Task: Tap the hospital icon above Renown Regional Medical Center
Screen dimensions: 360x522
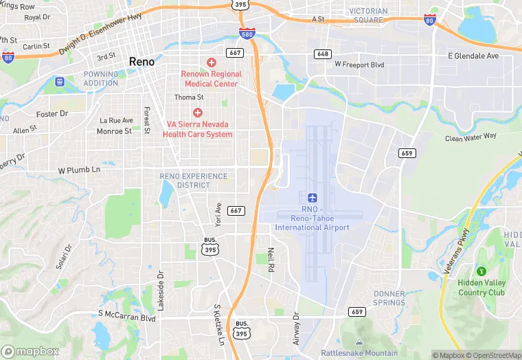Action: pos(211,63)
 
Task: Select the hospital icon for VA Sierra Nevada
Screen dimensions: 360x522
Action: pos(198,113)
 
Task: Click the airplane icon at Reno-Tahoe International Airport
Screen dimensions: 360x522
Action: pos(313,198)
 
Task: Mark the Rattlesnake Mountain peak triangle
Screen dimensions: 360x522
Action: pos(359,342)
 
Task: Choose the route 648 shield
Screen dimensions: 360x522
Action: pos(323,54)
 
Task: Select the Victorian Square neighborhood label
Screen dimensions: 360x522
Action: pos(368,15)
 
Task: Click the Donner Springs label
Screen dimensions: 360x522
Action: pos(389,297)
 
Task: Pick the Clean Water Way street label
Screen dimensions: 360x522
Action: pos(470,137)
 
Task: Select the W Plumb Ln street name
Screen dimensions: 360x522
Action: pos(79,169)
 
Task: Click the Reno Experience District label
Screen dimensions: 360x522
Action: pos(194,181)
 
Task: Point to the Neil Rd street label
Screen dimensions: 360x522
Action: pos(271,259)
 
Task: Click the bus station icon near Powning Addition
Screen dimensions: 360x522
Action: pos(60,82)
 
